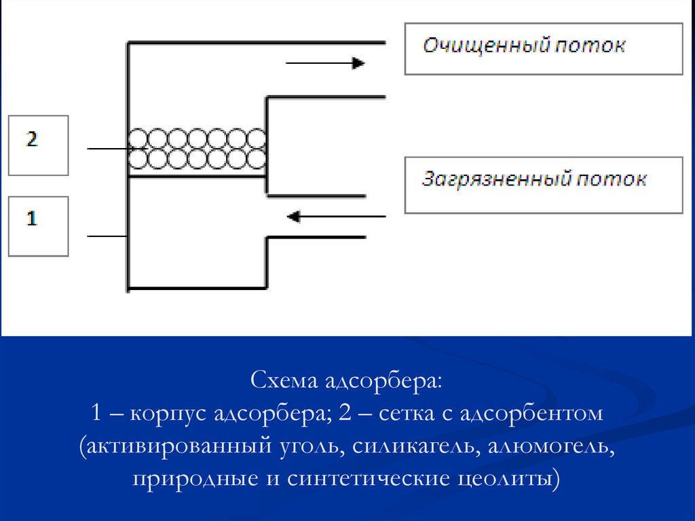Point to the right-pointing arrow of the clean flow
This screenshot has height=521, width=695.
coord(326,63)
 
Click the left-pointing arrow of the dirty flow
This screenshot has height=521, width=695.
coord(335,217)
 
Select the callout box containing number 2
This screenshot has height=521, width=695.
coord(38,145)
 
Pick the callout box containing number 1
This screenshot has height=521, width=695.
coord(38,226)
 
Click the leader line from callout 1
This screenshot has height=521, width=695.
coord(108,236)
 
